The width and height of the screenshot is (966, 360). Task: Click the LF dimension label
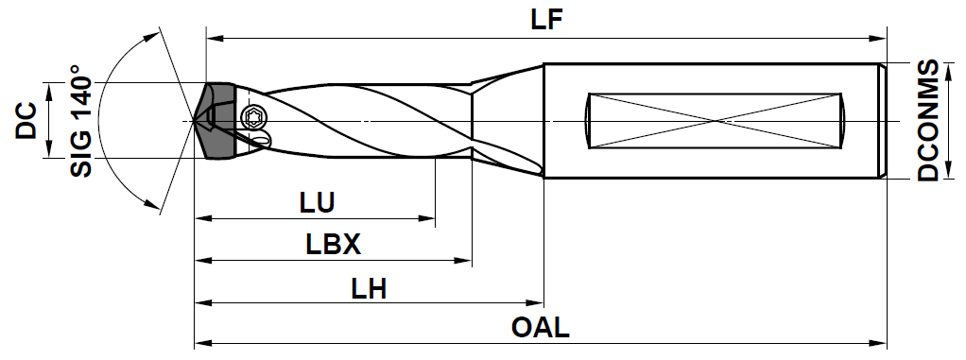[x=546, y=20]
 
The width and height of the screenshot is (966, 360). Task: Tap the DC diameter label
[x=26, y=121]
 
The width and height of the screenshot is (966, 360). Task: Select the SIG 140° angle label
[x=80, y=121]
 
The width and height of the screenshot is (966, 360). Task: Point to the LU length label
[x=317, y=204]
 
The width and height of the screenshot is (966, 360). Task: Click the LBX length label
[x=333, y=246]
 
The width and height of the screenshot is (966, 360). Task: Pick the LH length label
[x=369, y=288]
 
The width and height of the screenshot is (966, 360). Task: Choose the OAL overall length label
[x=541, y=328]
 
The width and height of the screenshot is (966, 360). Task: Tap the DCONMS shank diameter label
[x=928, y=121]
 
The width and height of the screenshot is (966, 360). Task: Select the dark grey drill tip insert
[x=216, y=121]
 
